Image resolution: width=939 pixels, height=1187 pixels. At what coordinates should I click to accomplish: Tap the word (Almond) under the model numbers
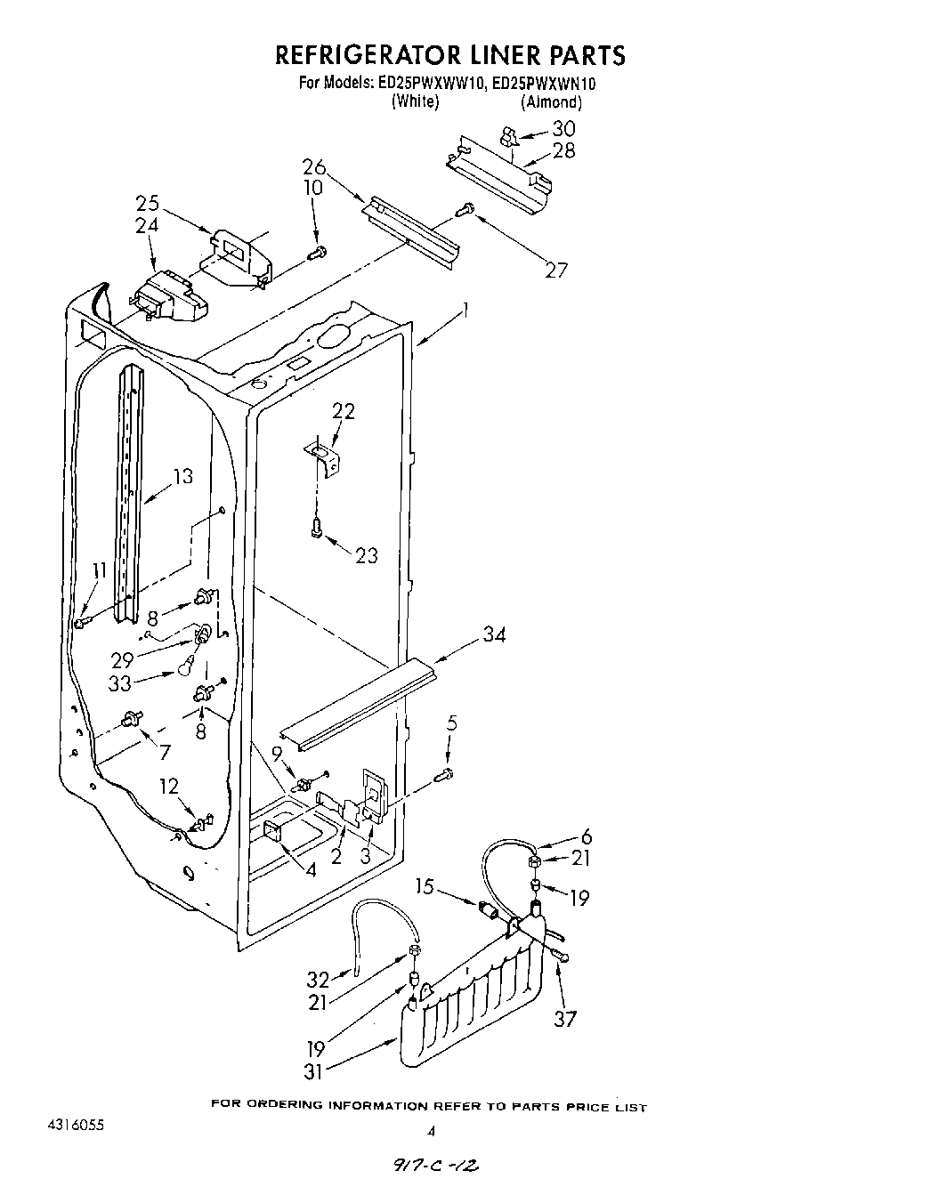tap(551, 102)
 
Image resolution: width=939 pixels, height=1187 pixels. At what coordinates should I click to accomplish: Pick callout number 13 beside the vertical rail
tap(182, 477)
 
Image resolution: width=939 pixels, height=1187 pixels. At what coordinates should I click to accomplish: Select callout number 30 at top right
tap(563, 128)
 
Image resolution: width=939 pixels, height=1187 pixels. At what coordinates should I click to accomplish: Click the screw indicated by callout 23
tap(316, 529)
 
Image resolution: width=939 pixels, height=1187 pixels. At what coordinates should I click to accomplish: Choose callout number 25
tap(148, 202)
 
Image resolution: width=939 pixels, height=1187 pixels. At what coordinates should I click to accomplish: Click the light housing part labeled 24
tap(169, 298)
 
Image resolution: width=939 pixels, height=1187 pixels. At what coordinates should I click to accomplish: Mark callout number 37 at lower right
tap(565, 1019)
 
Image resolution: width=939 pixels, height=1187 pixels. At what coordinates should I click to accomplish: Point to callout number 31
tap(312, 1071)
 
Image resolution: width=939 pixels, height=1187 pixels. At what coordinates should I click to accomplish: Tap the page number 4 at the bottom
tap(432, 1133)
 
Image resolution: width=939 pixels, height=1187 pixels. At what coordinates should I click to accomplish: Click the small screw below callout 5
tap(445, 775)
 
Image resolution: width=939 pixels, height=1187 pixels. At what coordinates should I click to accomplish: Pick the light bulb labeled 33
tap(186, 666)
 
